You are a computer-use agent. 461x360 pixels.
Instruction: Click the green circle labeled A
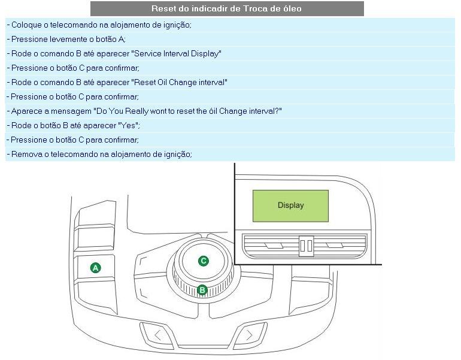96,268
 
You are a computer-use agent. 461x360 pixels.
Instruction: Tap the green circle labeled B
202,291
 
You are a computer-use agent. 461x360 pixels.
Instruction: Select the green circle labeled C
204,261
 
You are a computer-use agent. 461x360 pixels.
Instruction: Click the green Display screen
290,206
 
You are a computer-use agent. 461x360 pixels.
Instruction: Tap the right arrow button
250,335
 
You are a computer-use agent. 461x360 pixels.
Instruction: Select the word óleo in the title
293,8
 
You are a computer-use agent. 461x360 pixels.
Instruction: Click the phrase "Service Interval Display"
176,54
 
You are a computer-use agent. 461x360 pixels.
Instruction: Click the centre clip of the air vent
306,246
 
